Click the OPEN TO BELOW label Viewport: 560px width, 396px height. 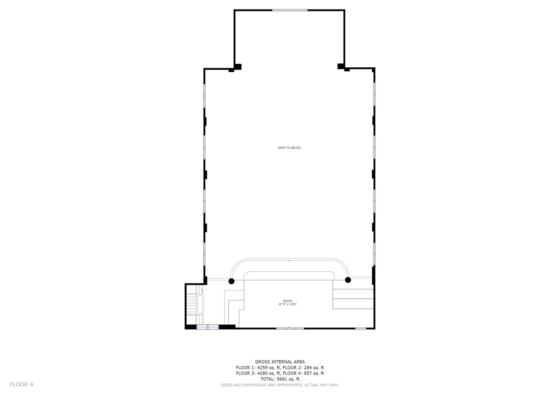tap(289, 148)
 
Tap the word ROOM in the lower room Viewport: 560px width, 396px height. tap(288, 301)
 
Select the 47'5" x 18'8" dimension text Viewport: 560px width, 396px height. tap(288, 304)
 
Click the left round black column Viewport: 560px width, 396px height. tap(231, 281)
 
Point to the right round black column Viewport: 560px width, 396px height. tap(348, 280)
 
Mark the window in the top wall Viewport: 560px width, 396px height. tap(290, 10)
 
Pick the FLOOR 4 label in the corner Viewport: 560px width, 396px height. tap(21, 384)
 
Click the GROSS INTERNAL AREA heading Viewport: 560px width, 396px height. tap(280, 362)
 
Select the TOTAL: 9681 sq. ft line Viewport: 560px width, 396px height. tap(280, 379)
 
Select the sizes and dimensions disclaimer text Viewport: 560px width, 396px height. tap(280, 385)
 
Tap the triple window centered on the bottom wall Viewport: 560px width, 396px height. tap(290, 328)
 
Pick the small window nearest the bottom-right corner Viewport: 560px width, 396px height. tap(360, 328)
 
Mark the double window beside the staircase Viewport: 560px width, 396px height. tap(208, 327)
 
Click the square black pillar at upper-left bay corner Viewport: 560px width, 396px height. tap(238, 67)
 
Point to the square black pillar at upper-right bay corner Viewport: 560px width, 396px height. tap(341, 66)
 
